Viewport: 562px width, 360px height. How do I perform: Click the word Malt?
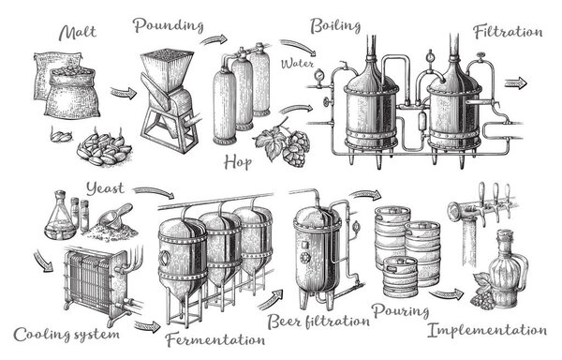click(78, 33)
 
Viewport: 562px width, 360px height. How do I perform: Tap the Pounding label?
click(169, 25)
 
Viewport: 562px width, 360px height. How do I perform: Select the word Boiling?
click(335, 26)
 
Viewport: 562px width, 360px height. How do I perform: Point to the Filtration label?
click(508, 32)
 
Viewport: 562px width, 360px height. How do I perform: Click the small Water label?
click(298, 64)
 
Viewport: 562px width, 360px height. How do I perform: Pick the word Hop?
click(238, 162)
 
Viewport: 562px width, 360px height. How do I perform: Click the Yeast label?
click(105, 188)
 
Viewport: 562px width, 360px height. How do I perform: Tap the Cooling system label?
click(67, 334)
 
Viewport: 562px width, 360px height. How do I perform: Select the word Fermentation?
click(215, 339)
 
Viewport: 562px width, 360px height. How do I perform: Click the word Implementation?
click(487, 330)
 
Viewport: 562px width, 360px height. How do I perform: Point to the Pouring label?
click(400, 310)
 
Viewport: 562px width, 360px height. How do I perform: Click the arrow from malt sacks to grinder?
click(124, 93)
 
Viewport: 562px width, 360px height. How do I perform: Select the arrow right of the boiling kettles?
click(516, 83)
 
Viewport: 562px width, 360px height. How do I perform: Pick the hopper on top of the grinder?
click(167, 67)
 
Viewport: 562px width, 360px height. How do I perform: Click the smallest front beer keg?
click(400, 277)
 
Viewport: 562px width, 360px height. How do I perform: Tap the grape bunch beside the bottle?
click(481, 297)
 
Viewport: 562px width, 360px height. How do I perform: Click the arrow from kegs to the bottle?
click(447, 294)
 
